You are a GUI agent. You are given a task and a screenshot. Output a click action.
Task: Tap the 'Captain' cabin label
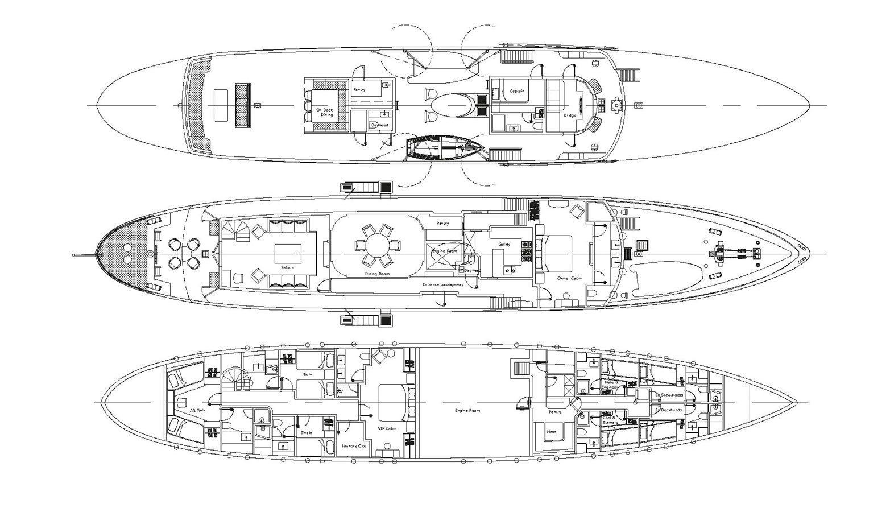pos(517,91)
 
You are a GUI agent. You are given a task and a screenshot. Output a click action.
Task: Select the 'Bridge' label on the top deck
pos(569,115)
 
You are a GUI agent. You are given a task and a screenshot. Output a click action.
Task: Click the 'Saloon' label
pos(288,267)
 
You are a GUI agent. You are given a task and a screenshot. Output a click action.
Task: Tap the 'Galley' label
pos(504,244)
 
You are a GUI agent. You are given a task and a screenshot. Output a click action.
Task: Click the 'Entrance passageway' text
pos(443,284)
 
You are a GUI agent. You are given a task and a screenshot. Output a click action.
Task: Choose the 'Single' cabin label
pos(306,433)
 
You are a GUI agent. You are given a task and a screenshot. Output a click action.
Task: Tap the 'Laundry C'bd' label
pos(355,446)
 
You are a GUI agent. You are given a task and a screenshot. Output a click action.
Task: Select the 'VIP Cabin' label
pos(387,428)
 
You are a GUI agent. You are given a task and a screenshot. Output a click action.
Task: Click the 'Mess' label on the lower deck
pos(551,432)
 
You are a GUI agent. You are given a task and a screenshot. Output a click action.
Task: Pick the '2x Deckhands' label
pos(668,410)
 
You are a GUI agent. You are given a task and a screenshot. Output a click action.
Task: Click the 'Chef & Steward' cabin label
pos(610,420)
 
